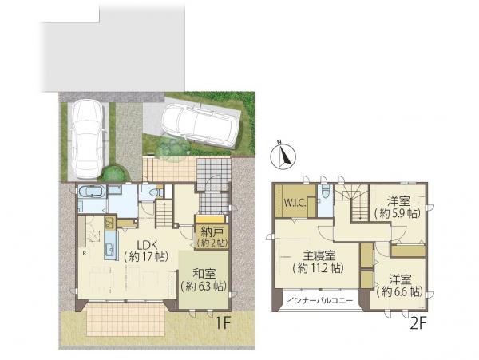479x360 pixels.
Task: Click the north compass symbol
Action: click(x=283, y=156)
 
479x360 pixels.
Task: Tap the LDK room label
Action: click(x=147, y=251)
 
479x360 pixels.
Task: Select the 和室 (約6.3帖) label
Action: click(x=204, y=279)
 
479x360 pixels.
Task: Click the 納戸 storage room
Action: click(x=212, y=237)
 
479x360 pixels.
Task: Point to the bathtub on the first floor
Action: click(x=92, y=192)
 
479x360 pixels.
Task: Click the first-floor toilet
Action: click(x=155, y=192)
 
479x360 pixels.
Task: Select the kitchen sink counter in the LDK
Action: click(x=111, y=245)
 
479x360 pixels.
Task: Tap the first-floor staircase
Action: click(x=165, y=213)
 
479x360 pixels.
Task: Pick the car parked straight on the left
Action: click(x=88, y=139)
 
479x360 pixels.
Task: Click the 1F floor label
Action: click(x=223, y=323)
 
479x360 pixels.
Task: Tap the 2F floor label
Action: click(x=418, y=323)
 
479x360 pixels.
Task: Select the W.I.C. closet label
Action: click(x=295, y=203)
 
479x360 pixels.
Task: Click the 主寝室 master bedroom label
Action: click(x=318, y=262)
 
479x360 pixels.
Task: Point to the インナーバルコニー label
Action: click(x=320, y=301)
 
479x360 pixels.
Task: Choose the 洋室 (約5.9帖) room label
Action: click(x=398, y=208)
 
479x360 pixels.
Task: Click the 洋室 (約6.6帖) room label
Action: click(x=400, y=286)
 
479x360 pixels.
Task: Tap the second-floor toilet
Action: click(x=326, y=192)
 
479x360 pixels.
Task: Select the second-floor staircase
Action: click(x=354, y=203)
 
